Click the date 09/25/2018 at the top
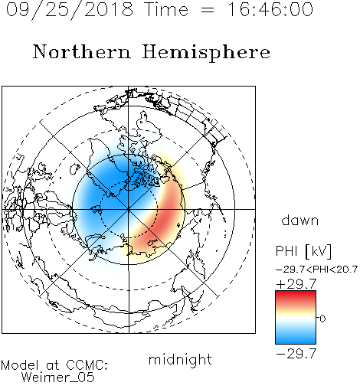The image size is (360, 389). (x=70, y=10)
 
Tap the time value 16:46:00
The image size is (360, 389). (x=270, y=9)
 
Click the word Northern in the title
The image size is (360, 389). (x=82, y=52)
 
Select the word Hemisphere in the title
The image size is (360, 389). (x=206, y=53)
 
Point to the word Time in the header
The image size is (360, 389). (x=166, y=9)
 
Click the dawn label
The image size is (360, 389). (x=300, y=221)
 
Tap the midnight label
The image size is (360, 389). (x=180, y=360)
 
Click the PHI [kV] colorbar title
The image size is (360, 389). (x=303, y=251)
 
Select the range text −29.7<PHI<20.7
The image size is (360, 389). (x=316, y=270)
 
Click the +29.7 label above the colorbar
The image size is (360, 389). (x=296, y=284)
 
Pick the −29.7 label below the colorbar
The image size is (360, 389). (x=296, y=354)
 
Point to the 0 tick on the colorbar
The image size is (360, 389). (x=322, y=319)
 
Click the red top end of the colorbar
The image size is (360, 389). (x=296, y=293)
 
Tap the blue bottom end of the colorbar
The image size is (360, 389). (x=296, y=342)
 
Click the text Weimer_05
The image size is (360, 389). (x=58, y=378)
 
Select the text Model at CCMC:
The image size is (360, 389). (x=54, y=365)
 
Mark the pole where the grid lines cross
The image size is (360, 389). (x=129, y=209)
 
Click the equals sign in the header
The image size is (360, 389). (x=208, y=10)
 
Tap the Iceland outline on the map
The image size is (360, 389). (x=74, y=168)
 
